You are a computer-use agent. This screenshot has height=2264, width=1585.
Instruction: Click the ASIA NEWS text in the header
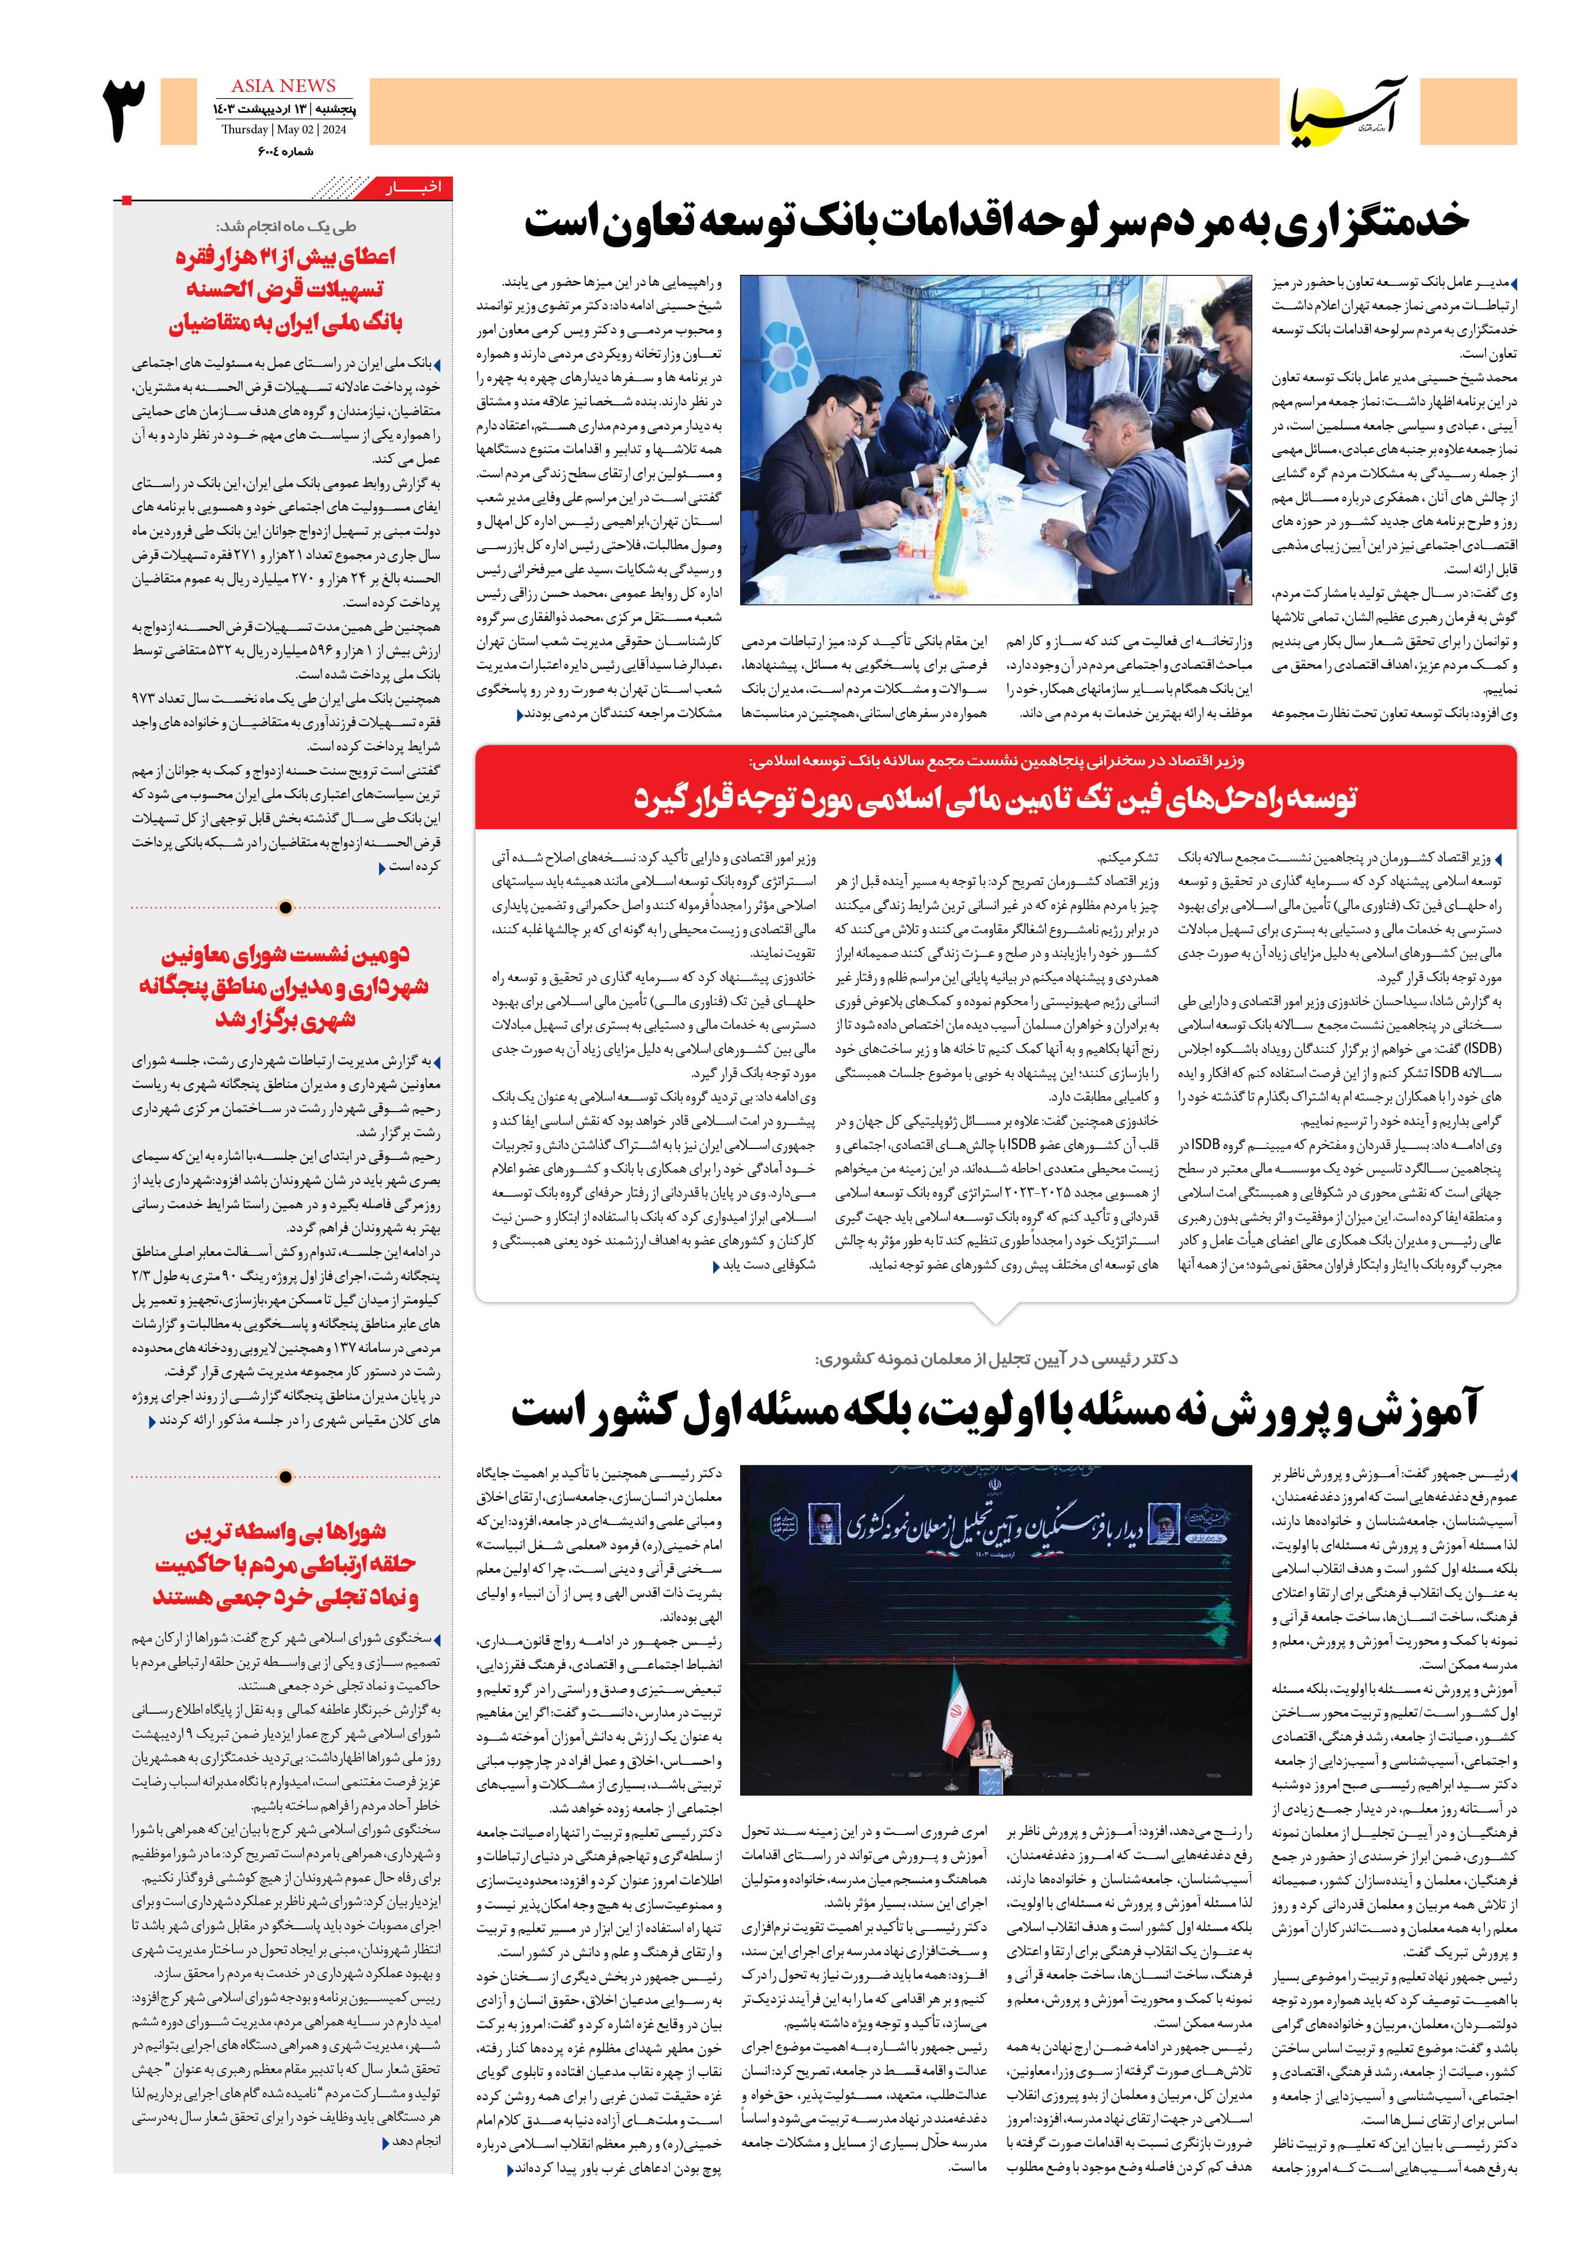pos(283,86)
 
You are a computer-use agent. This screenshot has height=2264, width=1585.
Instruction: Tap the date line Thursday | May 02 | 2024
pos(283,130)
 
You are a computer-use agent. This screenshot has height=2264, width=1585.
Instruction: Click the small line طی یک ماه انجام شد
pos(286,226)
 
